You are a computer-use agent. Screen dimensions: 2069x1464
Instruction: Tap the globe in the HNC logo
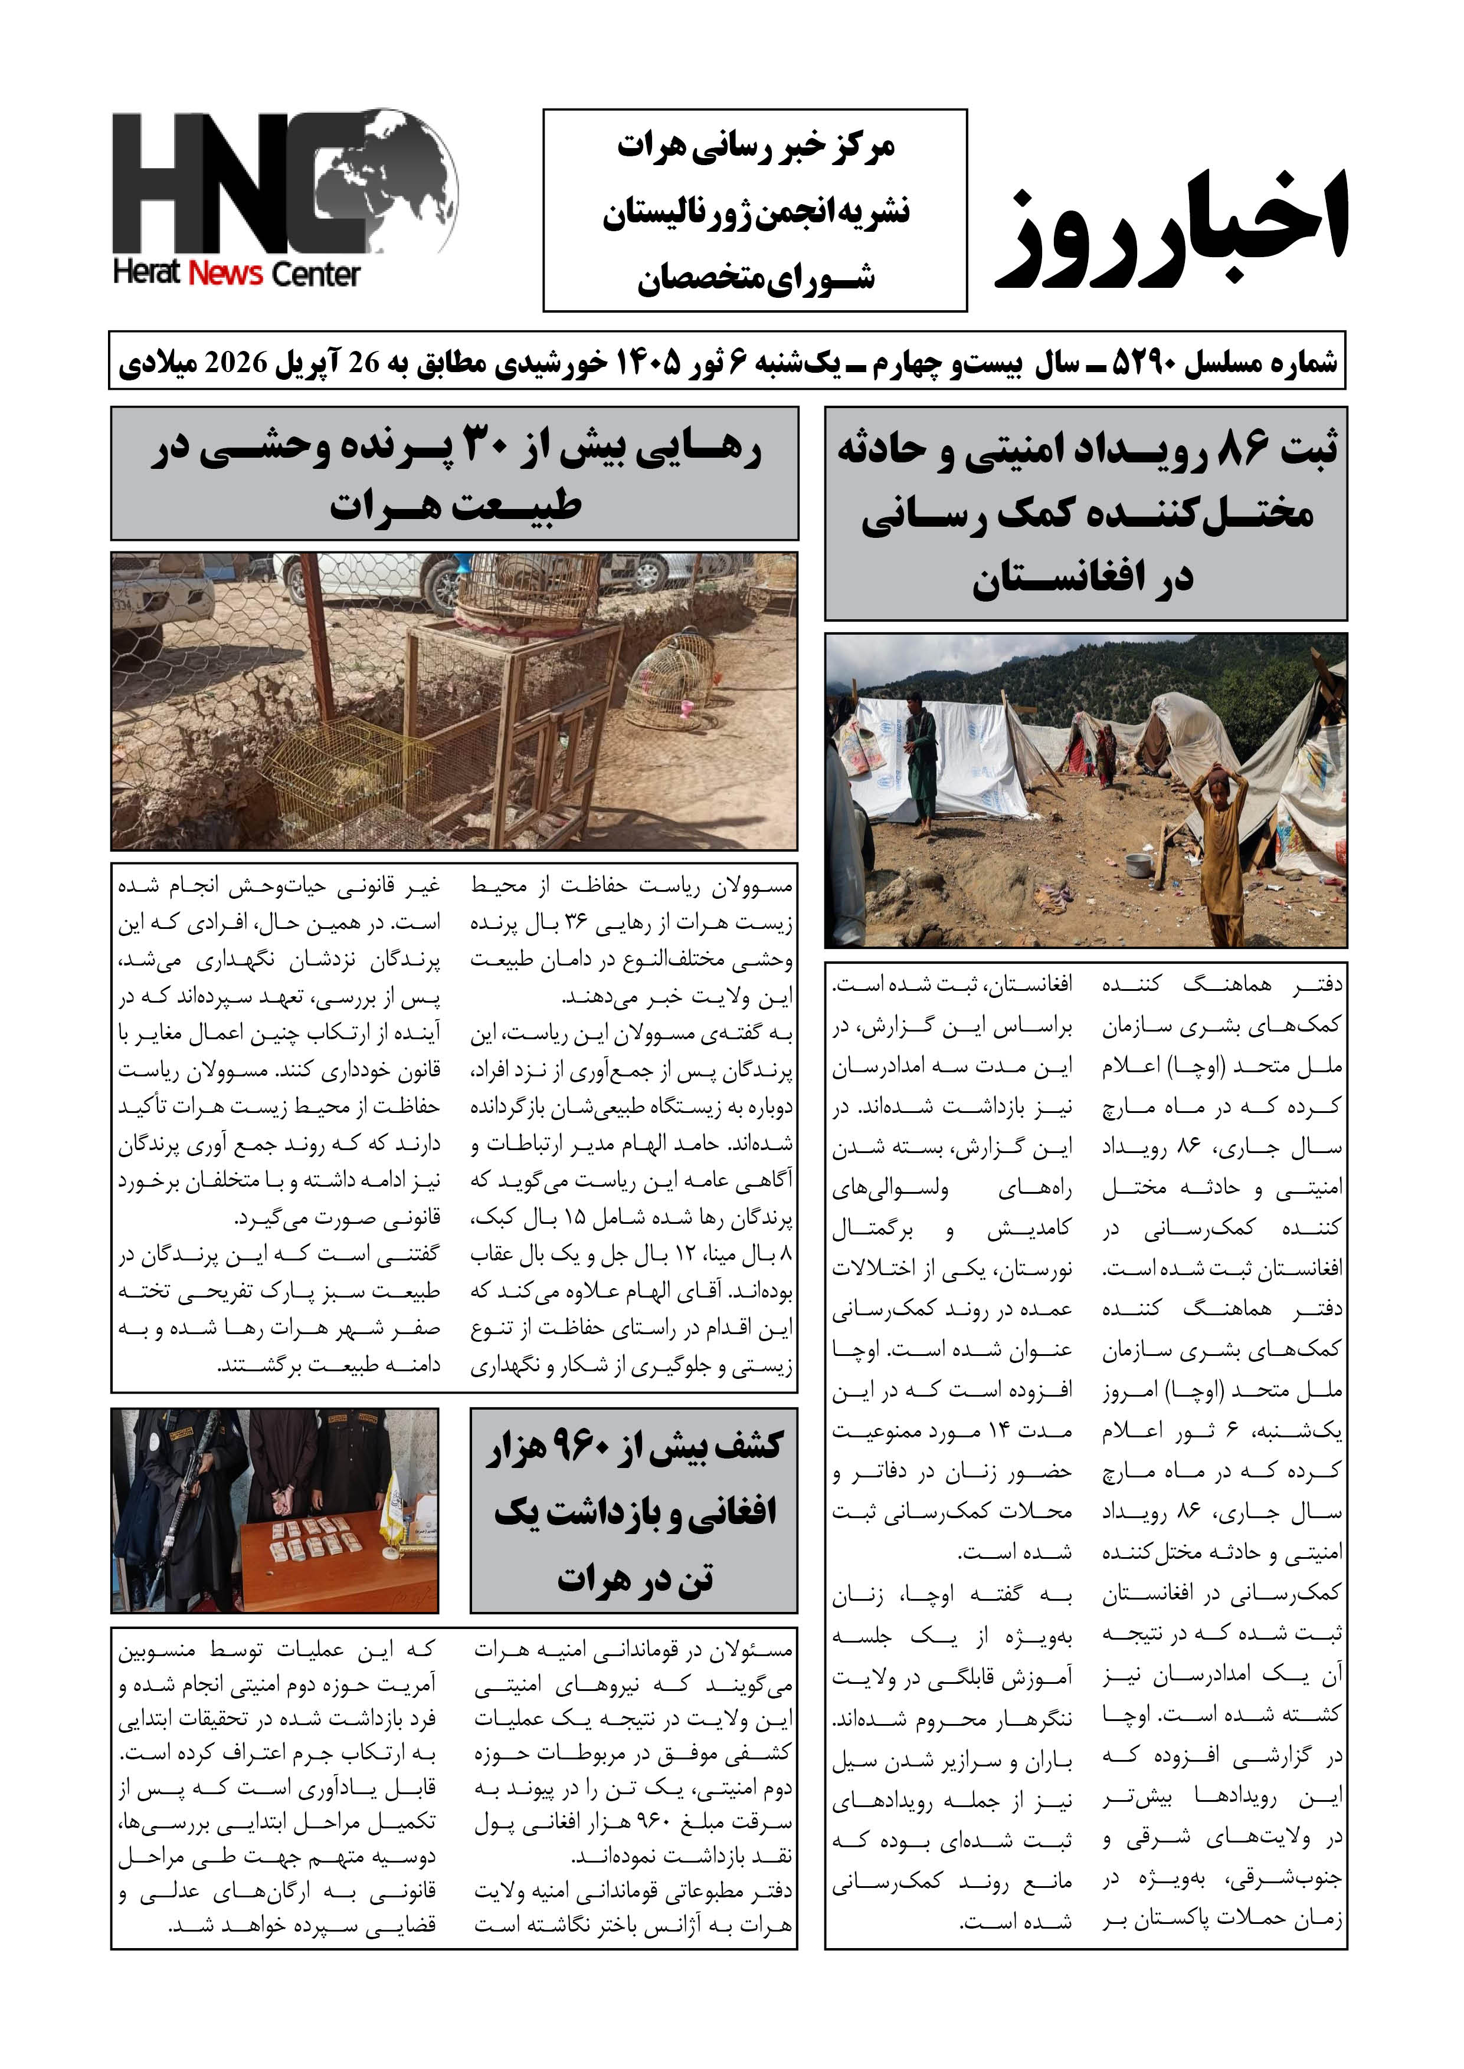tap(397, 180)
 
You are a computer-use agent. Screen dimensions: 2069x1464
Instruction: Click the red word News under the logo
tap(225, 274)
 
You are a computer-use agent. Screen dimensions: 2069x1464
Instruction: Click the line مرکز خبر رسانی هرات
tap(755, 147)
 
